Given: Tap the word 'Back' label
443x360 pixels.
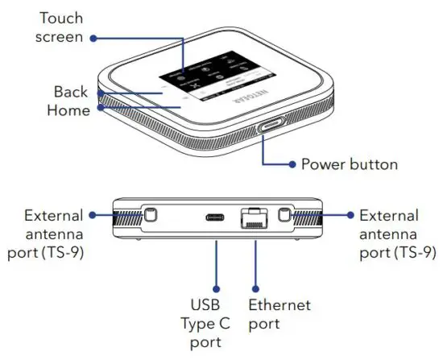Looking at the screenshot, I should [71, 92].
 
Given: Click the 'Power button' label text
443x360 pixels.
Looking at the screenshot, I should [349, 164].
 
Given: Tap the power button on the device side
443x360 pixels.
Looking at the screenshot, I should [270, 129].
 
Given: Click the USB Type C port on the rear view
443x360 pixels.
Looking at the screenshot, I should [215, 217].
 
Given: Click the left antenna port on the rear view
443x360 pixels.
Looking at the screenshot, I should [150, 216].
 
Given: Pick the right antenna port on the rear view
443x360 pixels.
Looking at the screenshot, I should [283, 216].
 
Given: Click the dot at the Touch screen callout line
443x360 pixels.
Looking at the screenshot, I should [93, 37].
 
